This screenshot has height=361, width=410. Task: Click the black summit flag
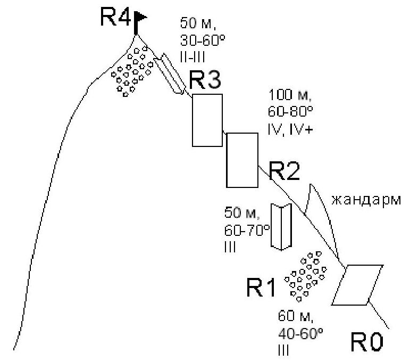point(141,18)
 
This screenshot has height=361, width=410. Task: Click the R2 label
point(285,171)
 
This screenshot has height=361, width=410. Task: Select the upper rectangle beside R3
point(207,120)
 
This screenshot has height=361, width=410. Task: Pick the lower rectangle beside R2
point(242,160)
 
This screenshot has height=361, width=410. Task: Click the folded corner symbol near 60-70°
point(279,226)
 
